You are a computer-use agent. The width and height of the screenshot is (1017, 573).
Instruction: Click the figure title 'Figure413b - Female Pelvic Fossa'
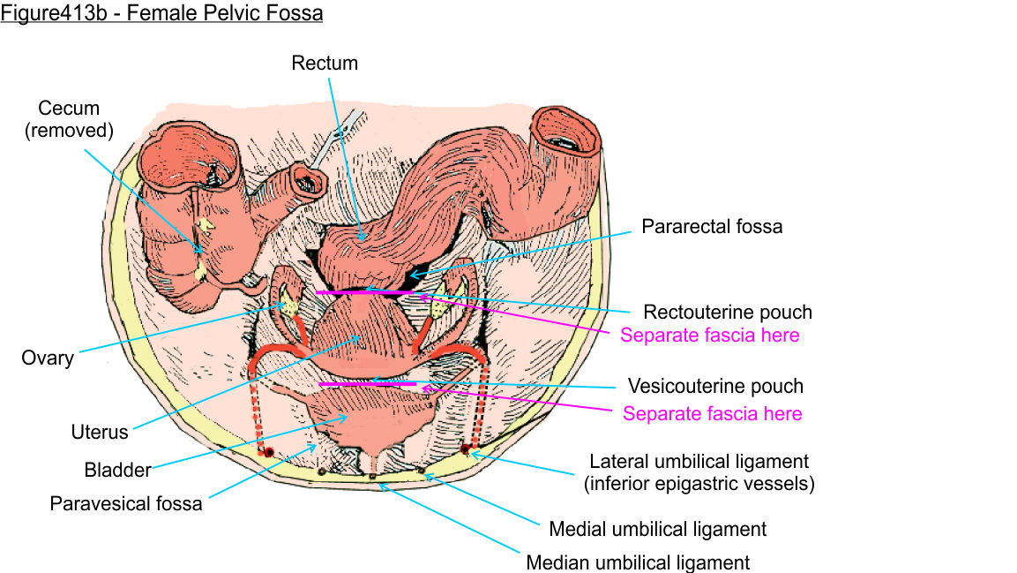click(x=161, y=13)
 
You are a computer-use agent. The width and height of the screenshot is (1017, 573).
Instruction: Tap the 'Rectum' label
click(x=325, y=63)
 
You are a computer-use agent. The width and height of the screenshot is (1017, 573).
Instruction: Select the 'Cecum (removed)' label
click(x=69, y=120)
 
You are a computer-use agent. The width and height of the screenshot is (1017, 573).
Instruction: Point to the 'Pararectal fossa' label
click(x=712, y=227)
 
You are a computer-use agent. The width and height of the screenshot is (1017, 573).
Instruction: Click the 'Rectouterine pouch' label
click(x=728, y=312)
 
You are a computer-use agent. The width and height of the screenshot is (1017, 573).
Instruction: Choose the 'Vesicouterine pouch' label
click(x=715, y=386)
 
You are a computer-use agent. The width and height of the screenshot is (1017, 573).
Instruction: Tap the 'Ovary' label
click(x=48, y=358)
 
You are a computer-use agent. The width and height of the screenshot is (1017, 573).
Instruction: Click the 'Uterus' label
click(x=100, y=433)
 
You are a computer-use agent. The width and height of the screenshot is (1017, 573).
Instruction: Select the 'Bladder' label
click(x=118, y=469)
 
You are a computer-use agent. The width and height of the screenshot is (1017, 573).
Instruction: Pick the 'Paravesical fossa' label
click(x=126, y=504)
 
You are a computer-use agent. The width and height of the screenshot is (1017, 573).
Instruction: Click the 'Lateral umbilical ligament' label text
click(x=699, y=461)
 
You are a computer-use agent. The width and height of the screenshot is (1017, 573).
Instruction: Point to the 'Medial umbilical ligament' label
click(x=657, y=529)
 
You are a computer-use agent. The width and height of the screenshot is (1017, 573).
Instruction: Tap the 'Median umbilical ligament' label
click(x=638, y=562)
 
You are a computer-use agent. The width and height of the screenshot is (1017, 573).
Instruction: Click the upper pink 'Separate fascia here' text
click(x=710, y=336)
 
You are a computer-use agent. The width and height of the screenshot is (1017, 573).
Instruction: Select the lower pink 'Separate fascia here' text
click(x=713, y=413)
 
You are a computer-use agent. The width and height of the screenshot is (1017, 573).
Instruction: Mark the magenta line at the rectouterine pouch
click(x=363, y=292)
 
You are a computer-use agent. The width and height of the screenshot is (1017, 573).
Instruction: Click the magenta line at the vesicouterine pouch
click(x=366, y=385)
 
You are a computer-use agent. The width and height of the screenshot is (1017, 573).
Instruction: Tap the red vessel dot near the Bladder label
click(x=268, y=452)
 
